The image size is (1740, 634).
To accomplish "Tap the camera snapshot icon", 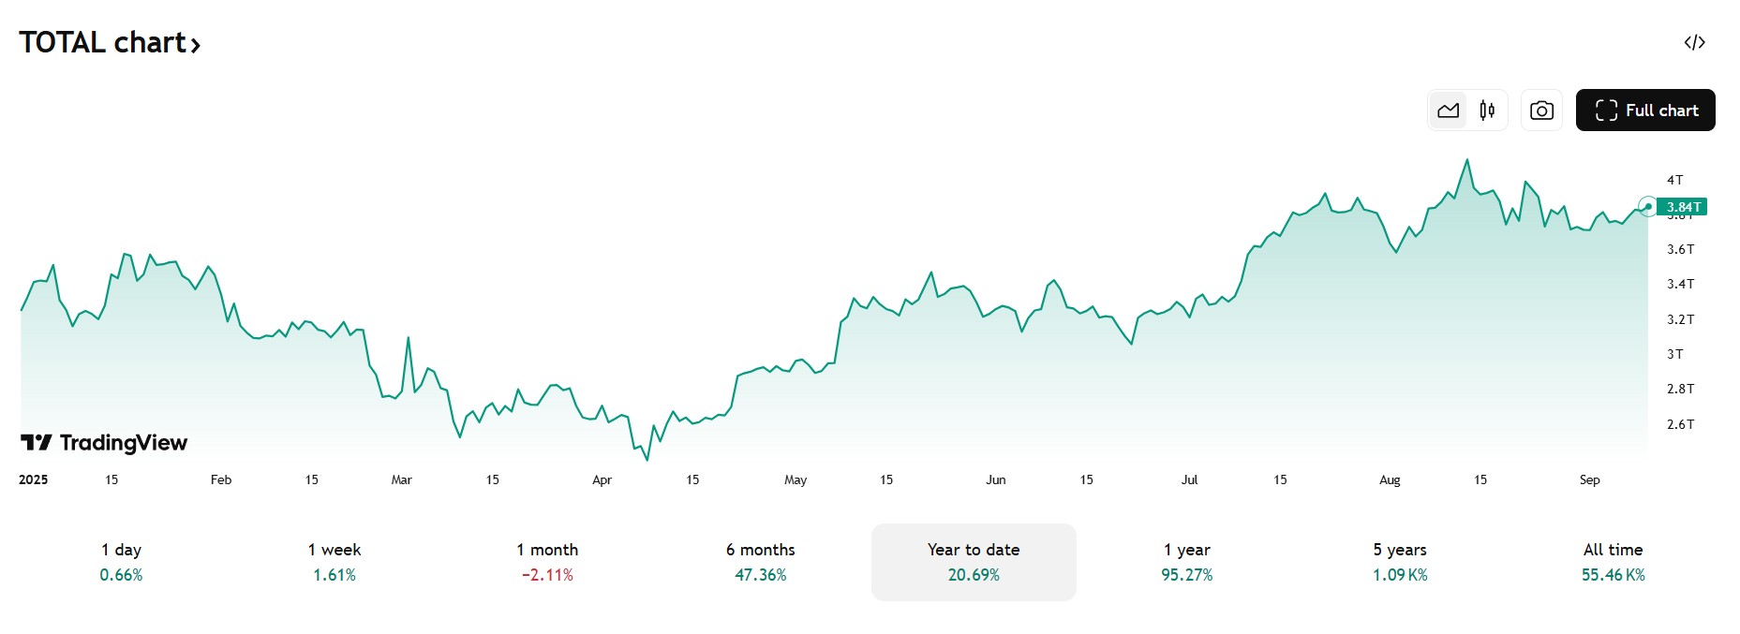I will click(1541, 111).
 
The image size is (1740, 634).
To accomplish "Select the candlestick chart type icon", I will click(1487, 111).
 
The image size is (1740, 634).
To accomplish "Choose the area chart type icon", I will click(1448, 111).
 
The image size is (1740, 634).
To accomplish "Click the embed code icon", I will click(1694, 42).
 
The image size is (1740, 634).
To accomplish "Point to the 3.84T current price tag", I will click(1682, 207).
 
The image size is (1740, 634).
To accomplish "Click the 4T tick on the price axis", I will click(1674, 180).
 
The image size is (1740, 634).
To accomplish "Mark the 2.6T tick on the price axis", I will click(1680, 424).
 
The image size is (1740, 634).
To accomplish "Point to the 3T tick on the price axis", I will click(1674, 354).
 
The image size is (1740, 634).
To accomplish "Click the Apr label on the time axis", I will click(602, 479).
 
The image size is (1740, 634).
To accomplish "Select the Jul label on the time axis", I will click(1189, 479).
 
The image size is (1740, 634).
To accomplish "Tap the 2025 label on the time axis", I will click(34, 479).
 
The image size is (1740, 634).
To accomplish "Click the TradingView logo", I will click(104, 443).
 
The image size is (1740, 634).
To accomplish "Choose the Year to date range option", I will click(974, 562).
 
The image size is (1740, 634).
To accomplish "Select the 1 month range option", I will click(547, 562).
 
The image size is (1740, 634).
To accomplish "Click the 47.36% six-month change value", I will click(760, 575).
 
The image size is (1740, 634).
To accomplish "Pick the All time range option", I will click(1613, 562).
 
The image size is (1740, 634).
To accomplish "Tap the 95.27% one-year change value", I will click(1186, 575).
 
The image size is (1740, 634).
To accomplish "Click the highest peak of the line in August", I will click(1467, 160).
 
